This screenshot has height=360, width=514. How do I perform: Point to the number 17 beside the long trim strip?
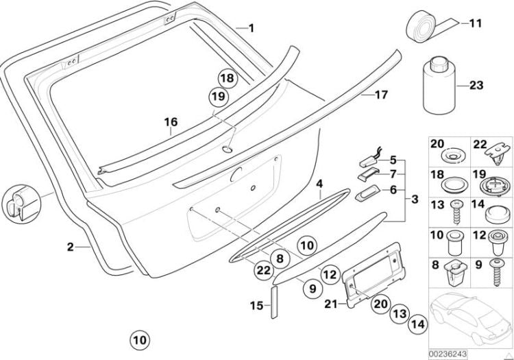(x=381, y=95)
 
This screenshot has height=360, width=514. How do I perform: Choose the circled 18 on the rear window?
(x=227, y=78)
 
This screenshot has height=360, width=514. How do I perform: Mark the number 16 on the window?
(x=171, y=123)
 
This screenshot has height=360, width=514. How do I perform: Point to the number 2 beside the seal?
(x=70, y=246)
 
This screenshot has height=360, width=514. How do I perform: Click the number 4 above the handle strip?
(x=319, y=184)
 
